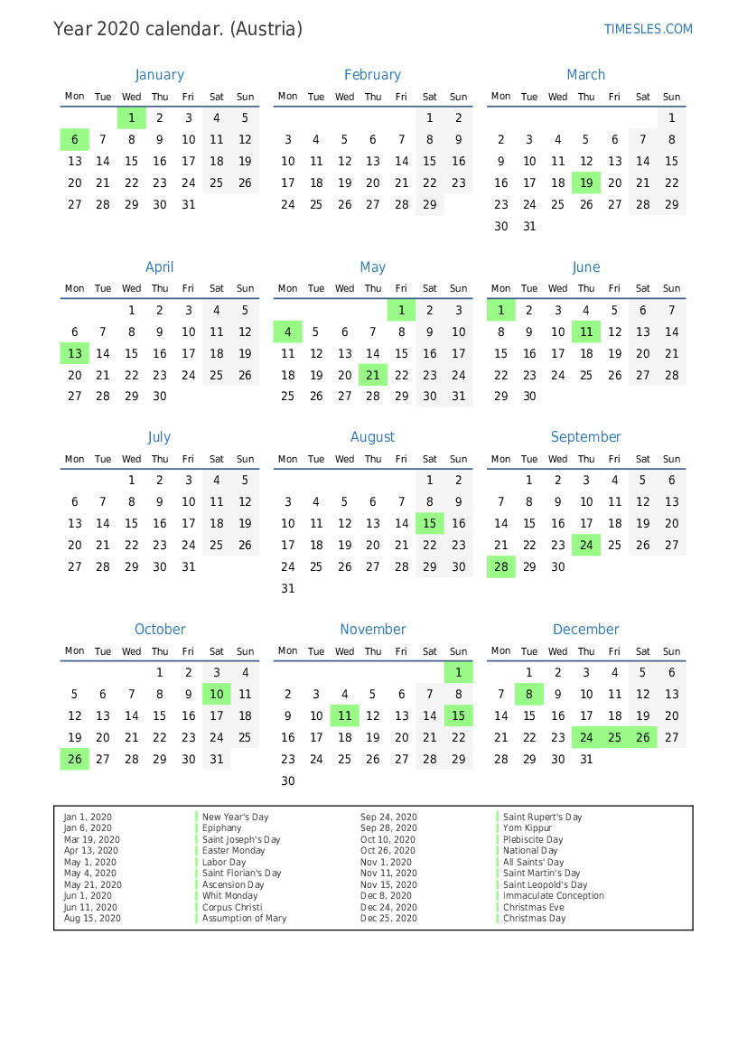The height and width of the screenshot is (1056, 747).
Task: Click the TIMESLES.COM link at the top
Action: coord(648,29)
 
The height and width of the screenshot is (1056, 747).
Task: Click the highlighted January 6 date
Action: coord(74,139)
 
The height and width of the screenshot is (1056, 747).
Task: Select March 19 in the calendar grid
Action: coord(586,183)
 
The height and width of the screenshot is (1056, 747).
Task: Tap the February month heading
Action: coord(372,75)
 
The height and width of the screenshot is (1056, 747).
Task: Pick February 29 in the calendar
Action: coord(430,205)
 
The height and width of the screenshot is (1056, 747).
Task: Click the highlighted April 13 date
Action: coord(74,354)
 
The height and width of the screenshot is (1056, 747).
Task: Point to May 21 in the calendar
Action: coord(372,375)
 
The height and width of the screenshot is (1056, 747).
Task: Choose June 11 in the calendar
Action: coord(586,332)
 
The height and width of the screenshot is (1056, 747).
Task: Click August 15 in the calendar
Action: coord(430,523)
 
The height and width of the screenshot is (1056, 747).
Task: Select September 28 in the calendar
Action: coord(500,567)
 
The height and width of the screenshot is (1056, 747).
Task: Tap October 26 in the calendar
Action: coord(74,760)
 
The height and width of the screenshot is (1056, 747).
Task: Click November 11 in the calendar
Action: coord(344,715)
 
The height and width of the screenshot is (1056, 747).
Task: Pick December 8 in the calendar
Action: coord(529,694)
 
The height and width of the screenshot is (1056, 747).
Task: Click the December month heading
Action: coord(585,630)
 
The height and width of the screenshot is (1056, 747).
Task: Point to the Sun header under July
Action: coord(245,459)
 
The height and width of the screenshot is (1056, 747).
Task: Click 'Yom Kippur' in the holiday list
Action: coord(528,828)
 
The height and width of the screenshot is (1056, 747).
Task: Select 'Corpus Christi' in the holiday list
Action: coord(232,907)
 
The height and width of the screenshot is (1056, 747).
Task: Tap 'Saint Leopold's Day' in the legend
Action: coord(545,885)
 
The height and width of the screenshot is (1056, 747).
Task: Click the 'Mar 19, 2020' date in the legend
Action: coord(91,839)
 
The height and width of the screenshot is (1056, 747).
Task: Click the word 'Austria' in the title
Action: coord(266,29)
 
